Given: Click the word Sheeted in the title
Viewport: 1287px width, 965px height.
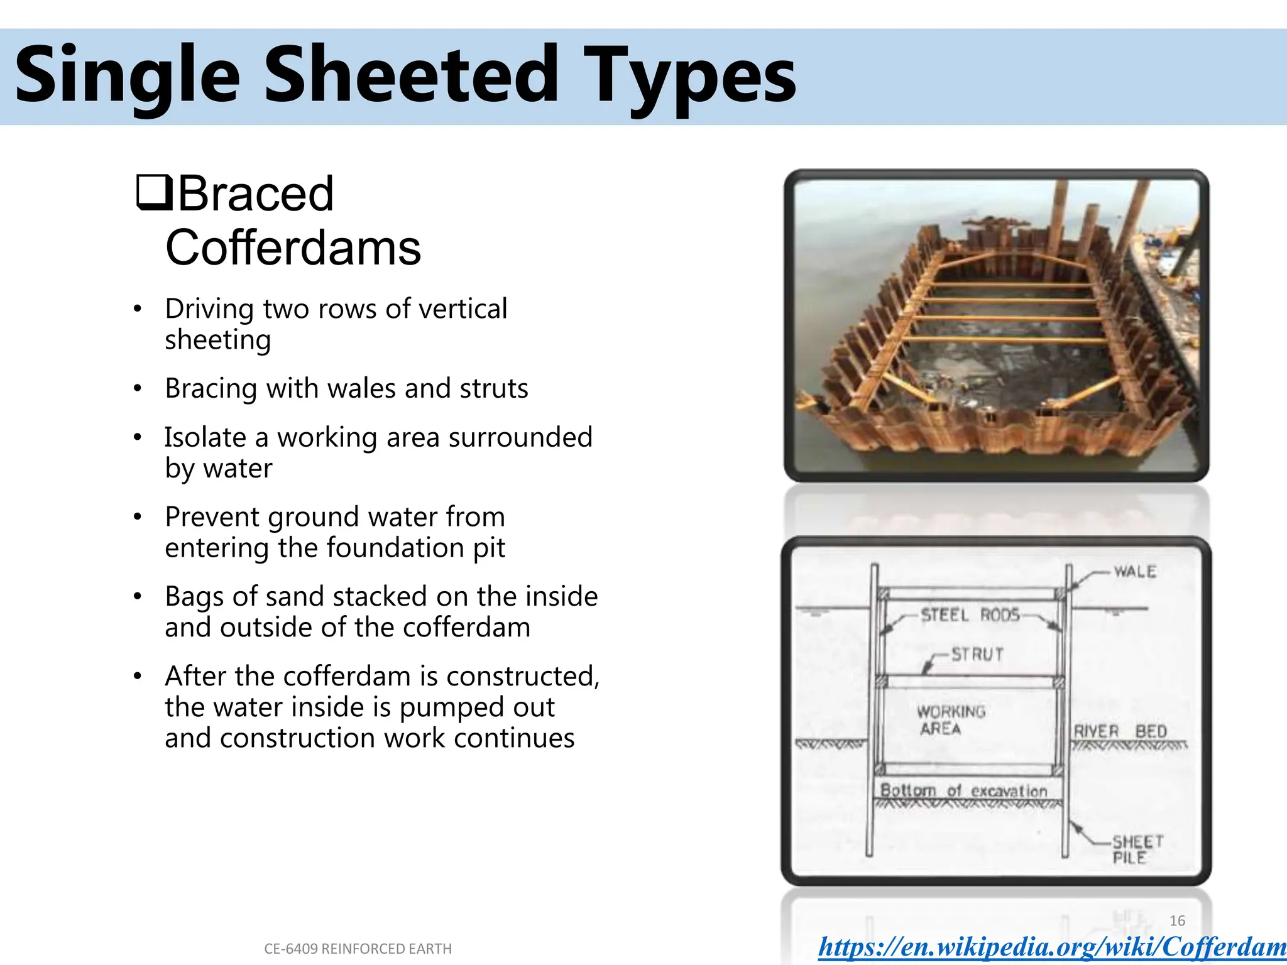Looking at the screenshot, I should click(x=412, y=75).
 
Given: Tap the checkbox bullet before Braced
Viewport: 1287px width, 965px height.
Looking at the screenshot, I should click(x=153, y=193).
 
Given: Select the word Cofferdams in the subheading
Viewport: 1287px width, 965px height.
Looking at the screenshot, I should click(x=293, y=248).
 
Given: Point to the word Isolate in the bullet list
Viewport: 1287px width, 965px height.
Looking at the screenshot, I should click(x=205, y=437).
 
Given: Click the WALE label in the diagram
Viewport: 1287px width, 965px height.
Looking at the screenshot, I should click(x=1135, y=572).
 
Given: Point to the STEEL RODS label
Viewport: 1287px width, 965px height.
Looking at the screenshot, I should click(x=970, y=615).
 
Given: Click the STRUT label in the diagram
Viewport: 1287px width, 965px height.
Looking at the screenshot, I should click(x=977, y=655).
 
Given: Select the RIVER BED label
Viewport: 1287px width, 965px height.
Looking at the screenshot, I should click(x=1120, y=731).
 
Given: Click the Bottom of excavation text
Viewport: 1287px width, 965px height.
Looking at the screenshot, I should click(x=963, y=790).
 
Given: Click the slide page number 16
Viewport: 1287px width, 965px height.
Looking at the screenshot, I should click(x=1177, y=920).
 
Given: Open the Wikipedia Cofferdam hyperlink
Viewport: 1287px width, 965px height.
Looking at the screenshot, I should click(x=1052, y=947).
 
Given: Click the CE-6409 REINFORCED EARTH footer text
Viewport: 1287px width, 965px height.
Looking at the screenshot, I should click(x=358, y=949).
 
